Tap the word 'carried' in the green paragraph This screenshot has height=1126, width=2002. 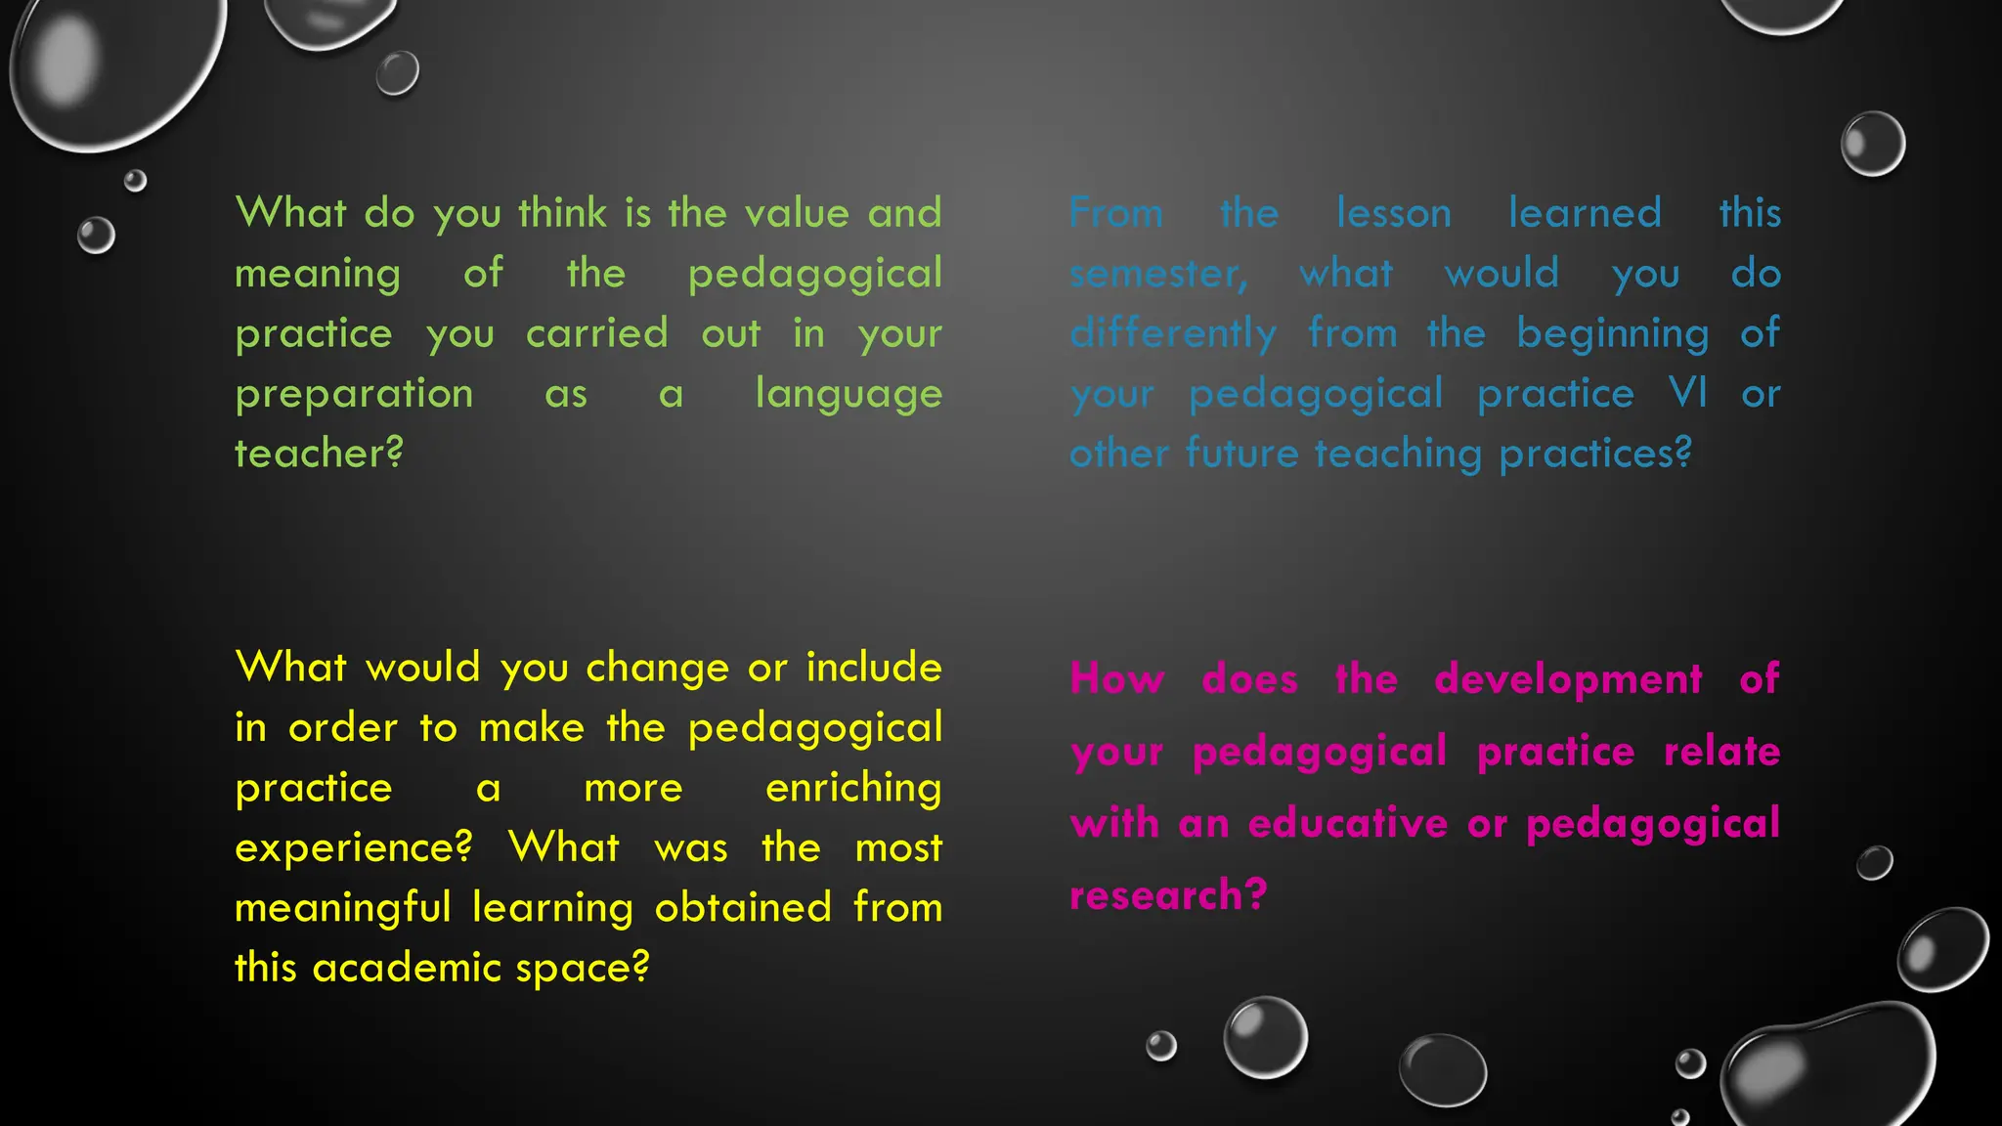(596, 333)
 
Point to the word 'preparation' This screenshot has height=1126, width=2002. (354, 394)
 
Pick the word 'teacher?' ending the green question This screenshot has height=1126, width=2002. (319, 454)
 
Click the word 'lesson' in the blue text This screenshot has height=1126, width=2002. (1393, 213)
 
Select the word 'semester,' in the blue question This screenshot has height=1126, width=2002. (1158, 274)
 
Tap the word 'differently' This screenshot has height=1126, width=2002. (1173, 334)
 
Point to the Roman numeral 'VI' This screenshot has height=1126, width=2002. (1688, 393)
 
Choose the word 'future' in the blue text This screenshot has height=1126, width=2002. (1241, 454)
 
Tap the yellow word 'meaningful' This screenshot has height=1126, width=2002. (342, 908)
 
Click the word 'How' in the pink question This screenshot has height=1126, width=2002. (1117, 678)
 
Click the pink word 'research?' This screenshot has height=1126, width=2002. (1168, 895)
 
